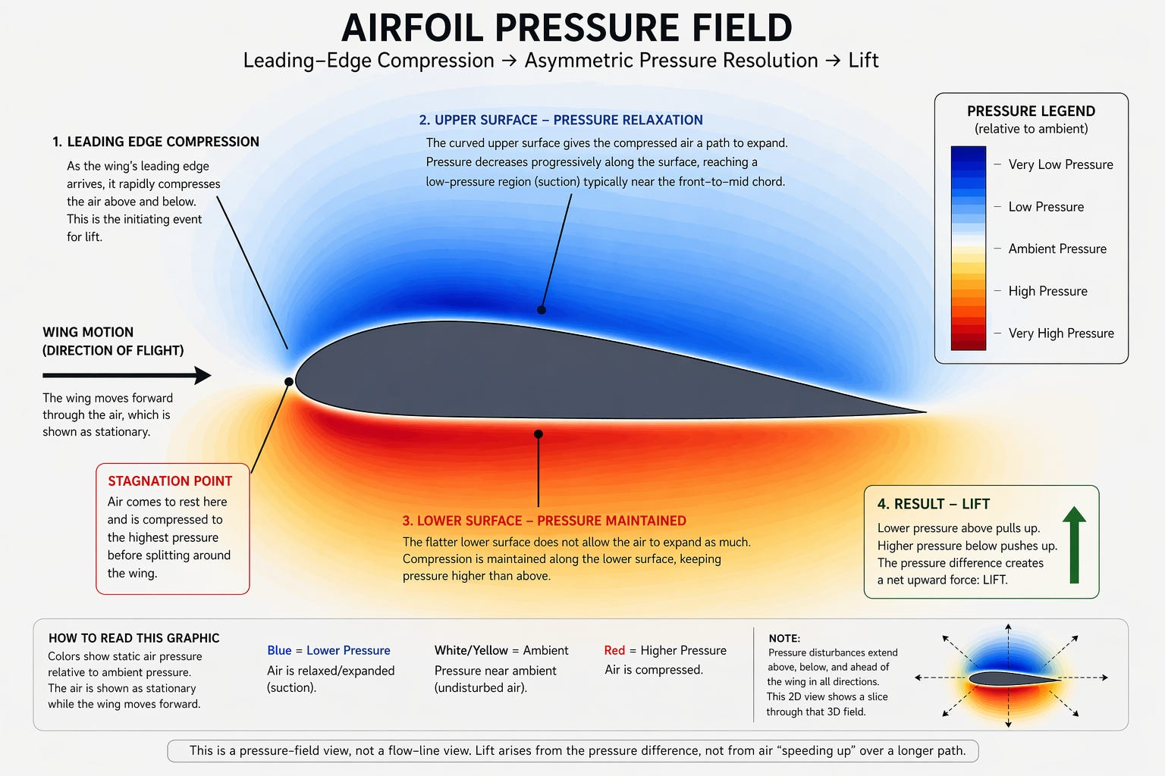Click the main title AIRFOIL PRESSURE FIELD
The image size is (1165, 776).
click(x=567, y=28)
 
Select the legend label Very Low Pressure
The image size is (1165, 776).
click(x=1060, y=164)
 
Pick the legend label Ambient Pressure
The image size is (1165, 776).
click(x=1057, y=249)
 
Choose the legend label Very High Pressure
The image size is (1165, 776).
click(x=1060, y=333)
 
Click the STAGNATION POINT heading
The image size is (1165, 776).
click(x=170, y=481)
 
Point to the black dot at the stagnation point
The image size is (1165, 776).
click(x=289, y=382)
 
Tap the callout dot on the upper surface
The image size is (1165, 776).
click(x=542, y=310)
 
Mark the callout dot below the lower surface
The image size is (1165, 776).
click(x=539, y=434)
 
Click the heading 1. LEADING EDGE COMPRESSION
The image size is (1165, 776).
click(x=155, y=142)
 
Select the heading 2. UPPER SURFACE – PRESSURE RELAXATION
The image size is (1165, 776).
click(x=561, y=120)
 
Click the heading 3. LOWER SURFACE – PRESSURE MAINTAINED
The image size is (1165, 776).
click(x=544, y=521)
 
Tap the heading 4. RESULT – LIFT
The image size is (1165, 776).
click(x=933, y=504)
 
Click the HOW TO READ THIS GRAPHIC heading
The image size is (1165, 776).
click(x=133, y=638)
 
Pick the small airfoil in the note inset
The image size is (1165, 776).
click(x=1013, y=678)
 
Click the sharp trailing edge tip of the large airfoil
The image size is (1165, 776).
click(x=924, y=412)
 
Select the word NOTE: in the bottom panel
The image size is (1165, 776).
click(x=784, y=639)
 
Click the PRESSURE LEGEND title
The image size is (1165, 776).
click(x=1031, y=111)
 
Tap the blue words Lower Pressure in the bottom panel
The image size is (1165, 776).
click(x=348, y=650)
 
